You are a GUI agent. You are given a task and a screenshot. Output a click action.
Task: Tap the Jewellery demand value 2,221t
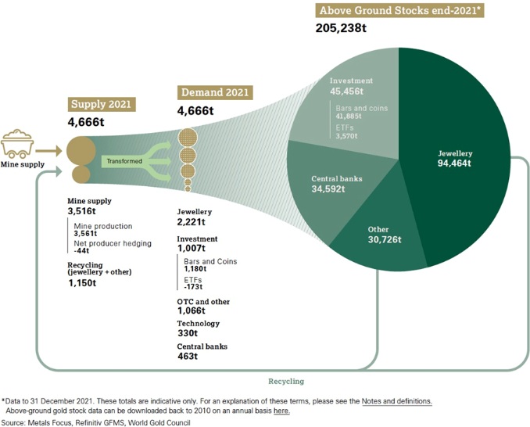pyautogui.click(x=192, y=222)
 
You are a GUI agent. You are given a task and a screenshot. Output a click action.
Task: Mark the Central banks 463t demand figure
pyautogui.click(x=187, y=357)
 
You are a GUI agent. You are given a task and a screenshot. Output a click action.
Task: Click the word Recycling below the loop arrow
pyautogui.click(x=285, y=381)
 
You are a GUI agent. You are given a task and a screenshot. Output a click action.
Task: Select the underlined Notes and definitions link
pyautogui.click(x=396, y=400)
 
